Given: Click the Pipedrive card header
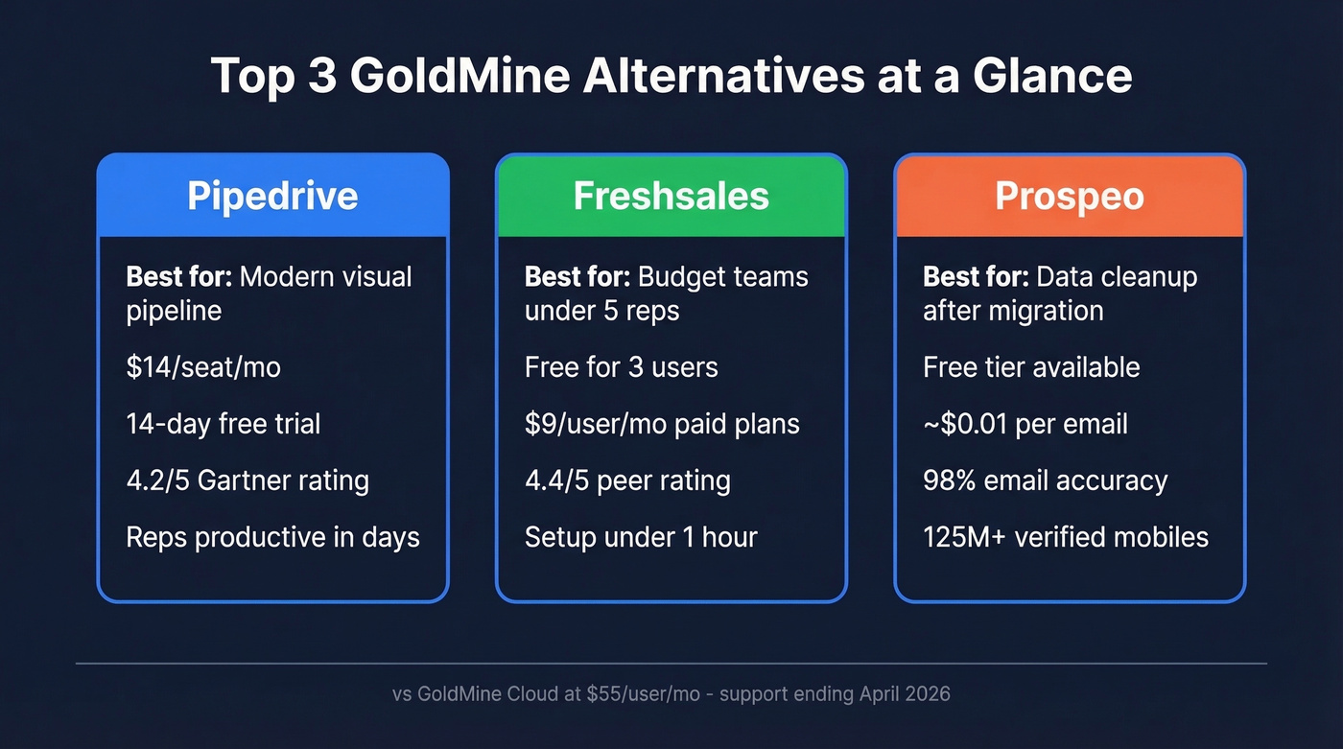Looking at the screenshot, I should point(272,196).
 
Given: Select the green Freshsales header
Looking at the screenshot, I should point(671,196).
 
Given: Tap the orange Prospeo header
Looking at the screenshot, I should point(1069,196).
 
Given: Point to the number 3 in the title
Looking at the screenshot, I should point(322,76).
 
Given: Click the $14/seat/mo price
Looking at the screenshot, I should point(203,367).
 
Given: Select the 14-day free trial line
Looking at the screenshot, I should point(224,424).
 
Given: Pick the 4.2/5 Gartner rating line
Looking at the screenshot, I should point(247,480).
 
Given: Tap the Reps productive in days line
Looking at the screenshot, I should point(273,537).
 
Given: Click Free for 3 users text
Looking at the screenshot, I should point(621,367).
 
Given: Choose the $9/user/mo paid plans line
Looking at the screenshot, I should point(662,424).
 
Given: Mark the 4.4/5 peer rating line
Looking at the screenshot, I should point(627,480).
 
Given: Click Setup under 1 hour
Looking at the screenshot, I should point(641,537).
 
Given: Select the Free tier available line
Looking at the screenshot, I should point(1031,367).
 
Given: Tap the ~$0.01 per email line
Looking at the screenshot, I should point(1025,424).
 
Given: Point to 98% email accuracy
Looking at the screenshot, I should point(1045,480).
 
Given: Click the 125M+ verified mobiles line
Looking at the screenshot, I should point(1066,537).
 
